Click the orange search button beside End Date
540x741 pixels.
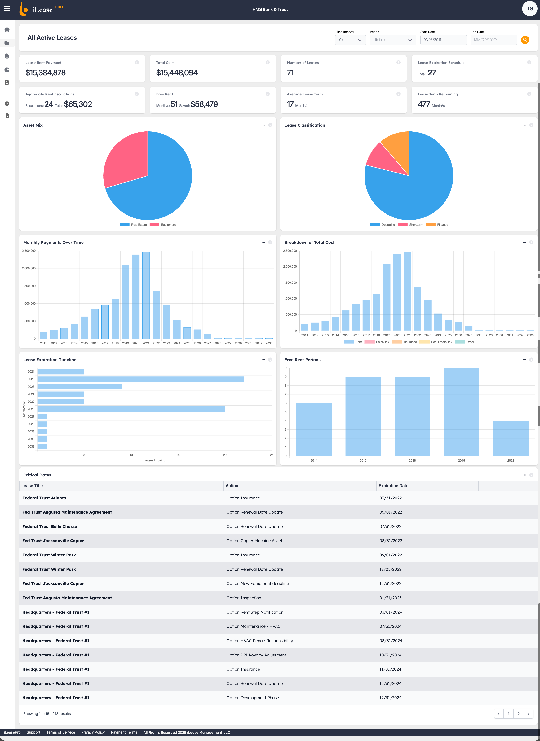coord(525,40)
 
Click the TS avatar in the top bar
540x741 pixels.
coord(529,9)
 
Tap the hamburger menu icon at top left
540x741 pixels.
coord(7,9)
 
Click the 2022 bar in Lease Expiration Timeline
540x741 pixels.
coord(141,379)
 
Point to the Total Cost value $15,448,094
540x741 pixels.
coord(177,72)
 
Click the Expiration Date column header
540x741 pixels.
coord(393,486)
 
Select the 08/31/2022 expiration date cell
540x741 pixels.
coord(391,541)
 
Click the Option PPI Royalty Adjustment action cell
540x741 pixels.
coord(256,655)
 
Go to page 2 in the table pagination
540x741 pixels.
coord(518,714)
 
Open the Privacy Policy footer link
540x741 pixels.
coord(93,732)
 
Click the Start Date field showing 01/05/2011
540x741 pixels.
coord(443,40)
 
